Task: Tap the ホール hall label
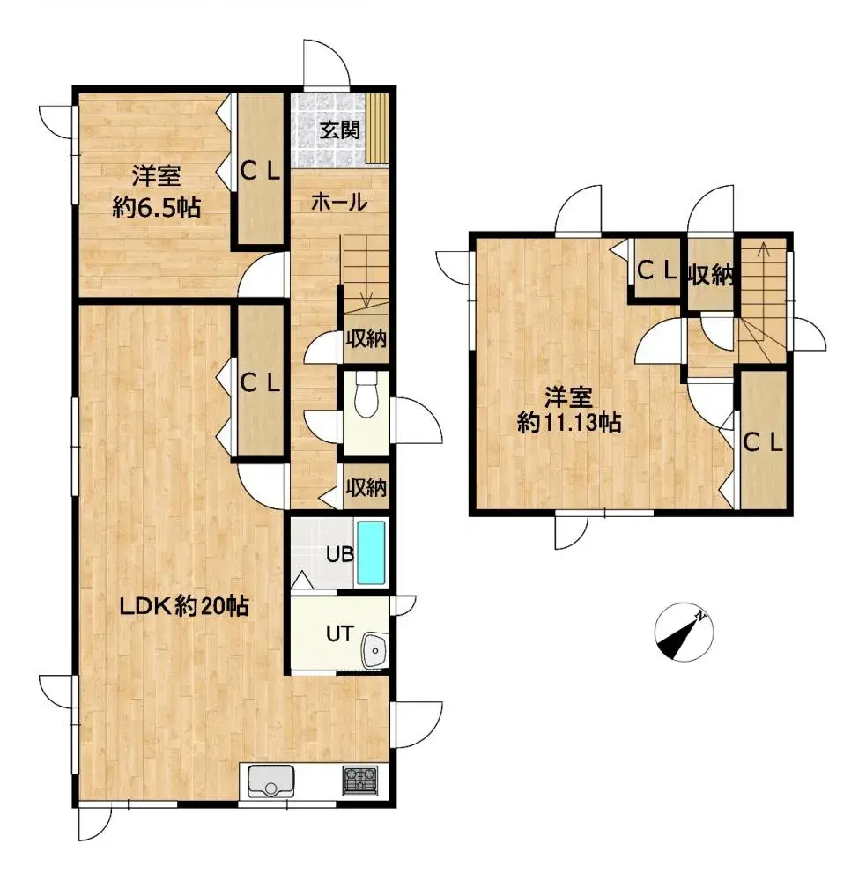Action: pos(338,202)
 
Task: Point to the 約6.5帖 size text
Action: pos(157,208)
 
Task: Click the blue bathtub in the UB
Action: pos(372,552)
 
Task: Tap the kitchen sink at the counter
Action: pos(270,781)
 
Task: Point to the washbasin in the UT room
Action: pos(376,652)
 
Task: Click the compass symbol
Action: pos(683,634)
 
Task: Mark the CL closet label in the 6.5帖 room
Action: pos(260,174)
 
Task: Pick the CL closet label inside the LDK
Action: pos(260,382)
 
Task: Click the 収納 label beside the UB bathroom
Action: pos(366,486)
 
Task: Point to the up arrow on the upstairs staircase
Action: pos(763,250)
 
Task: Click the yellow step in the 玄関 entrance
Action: pos(378,127)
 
